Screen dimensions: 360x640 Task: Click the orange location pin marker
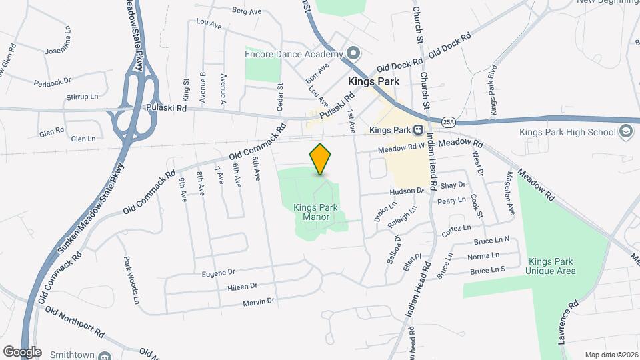click(x=320, y=159)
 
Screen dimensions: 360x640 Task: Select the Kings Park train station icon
click(x=418, y=129)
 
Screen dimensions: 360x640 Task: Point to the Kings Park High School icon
click(x=625, y=132)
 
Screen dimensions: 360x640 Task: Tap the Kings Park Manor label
click(x=315, y=212)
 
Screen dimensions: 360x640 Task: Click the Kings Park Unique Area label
click(x=550, y=266)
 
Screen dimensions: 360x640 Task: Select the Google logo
click(x=21, y=352)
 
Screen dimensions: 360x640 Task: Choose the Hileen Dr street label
click(x=243, y=287)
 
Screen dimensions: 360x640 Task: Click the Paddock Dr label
click(x=52, y=82)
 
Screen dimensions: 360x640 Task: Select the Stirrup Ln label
click(x=82, y=97)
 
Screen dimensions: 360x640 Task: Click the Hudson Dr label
click(x=407, y=191)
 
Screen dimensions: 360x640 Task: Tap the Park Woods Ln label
click(x=131, y=276)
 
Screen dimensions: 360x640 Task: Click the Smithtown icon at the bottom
click(x=105, y=356)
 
